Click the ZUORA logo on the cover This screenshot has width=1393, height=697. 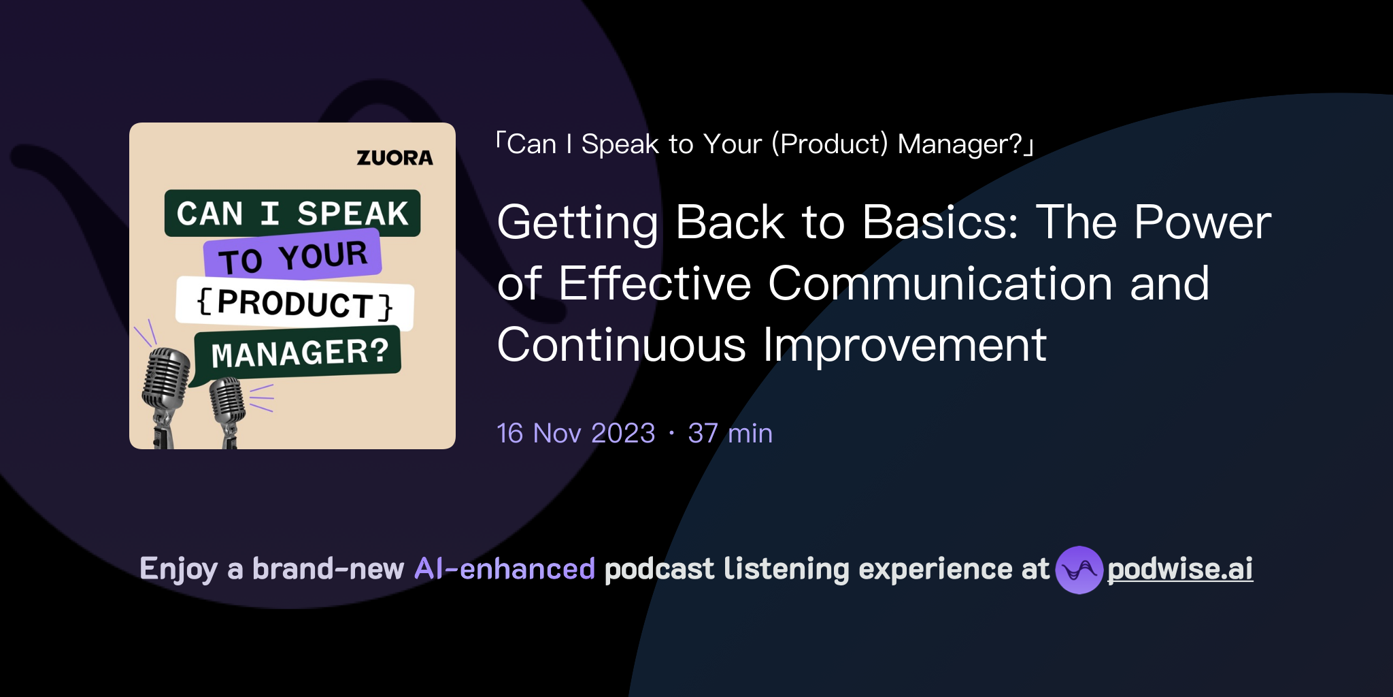point(395,158)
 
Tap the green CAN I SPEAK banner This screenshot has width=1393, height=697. point(292,213)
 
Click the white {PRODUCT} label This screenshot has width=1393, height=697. point(295,304)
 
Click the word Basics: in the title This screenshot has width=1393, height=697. point(940,223)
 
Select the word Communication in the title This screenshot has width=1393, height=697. point(940,284)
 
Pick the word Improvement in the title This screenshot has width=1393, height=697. point(904,345)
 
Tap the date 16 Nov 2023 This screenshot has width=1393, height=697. point(576,434)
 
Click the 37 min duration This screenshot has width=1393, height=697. point(730,434)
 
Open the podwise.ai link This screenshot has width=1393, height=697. point(1179,570)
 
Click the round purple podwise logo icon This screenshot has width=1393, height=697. point(1079,570)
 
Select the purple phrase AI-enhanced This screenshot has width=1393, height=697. point(505,569)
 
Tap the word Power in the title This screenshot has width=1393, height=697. point(1202,223)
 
